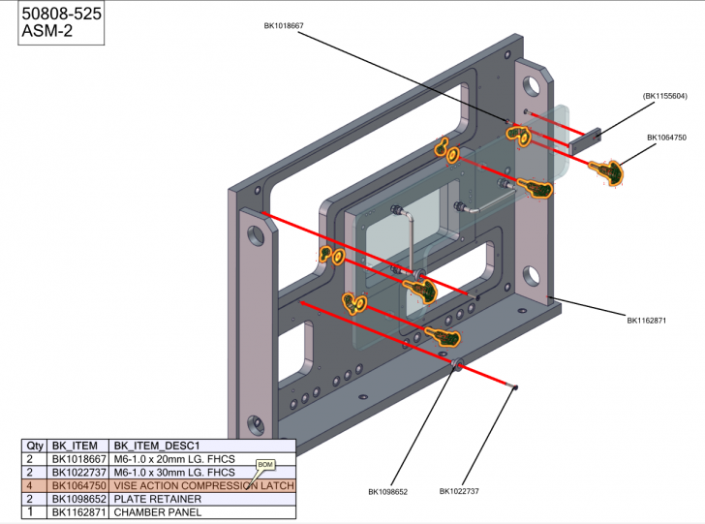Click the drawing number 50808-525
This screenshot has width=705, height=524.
(x=60, y=15)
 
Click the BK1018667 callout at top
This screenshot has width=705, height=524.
(x=284, y=26)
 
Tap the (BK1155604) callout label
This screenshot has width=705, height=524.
(x=664, y=96)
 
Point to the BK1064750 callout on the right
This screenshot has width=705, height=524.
(x=666, y=138)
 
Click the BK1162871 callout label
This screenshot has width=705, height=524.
(x=646, y=320)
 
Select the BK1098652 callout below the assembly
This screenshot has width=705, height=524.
(x=387, y=492)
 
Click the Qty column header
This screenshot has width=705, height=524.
(x=36, y=445)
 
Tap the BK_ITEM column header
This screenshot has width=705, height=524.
(x=76, y=445)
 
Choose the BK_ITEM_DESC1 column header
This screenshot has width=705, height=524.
(x=156, y=445)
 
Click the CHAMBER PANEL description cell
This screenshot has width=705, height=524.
(x=158, y=511)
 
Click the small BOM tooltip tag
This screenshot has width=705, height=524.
(x=265, y=465)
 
